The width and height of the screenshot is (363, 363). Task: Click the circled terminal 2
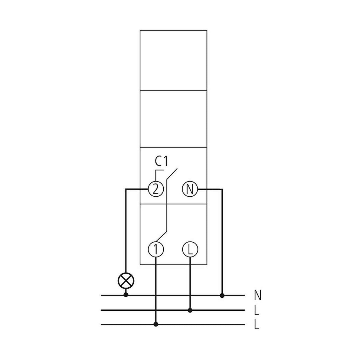point(155,189)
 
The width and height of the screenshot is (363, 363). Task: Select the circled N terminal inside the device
point(190,189)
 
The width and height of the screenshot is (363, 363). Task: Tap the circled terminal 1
point(156,249)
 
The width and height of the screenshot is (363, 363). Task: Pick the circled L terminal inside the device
point(190,249)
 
